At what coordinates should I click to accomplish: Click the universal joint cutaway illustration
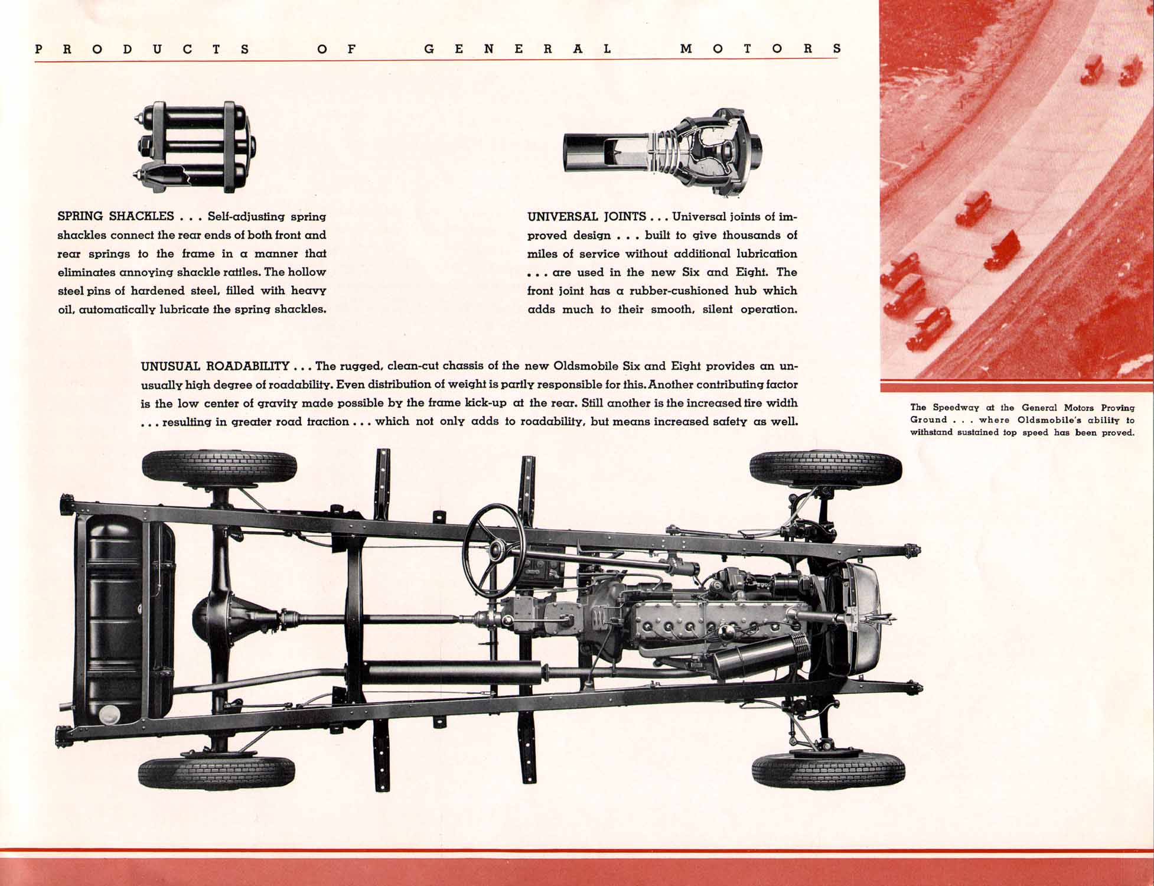(662, 151)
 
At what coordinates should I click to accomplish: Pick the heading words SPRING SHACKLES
(116, 216)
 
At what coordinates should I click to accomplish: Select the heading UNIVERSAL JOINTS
(586, 217)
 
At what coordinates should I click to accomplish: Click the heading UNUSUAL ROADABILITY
(215, 366)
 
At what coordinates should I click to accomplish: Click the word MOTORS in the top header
(761, 49)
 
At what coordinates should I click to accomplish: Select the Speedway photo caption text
(1022, 420)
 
